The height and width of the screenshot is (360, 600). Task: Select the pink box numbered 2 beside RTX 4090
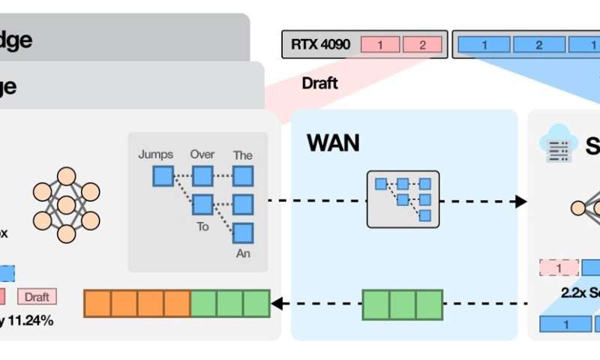point(421,45)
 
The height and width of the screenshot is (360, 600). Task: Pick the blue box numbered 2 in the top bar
point(539,45)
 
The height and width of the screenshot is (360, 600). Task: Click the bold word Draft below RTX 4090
point(319,83)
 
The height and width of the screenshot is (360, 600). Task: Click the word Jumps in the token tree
point(155,154)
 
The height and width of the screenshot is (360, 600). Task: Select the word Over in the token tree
point(202,154)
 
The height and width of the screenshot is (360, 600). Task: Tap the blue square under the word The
point(243,176)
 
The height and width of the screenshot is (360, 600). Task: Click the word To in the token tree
point(202,226)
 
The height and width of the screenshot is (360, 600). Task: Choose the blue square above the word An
point(243,232)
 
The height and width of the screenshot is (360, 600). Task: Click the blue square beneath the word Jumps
point(163,176)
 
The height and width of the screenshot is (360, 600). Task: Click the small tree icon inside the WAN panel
point(403,199)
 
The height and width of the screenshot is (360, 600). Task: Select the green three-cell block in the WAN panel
point(403,304)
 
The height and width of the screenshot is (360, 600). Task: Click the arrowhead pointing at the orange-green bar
point(277,304)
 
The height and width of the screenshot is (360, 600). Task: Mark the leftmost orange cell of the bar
point(97,304)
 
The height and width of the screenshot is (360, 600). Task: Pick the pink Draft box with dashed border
point(37,297)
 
